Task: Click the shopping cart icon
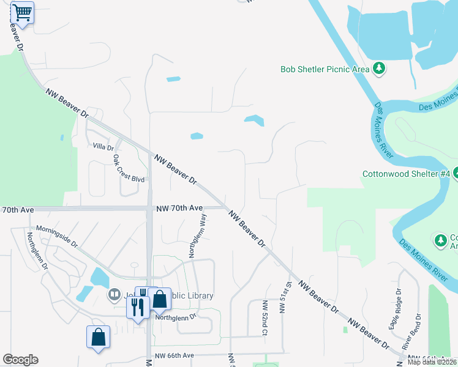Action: tap(22, 12)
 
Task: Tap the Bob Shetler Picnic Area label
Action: tap(325, 69)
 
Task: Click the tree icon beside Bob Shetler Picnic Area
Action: tap(380, 68)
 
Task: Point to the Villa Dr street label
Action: tap(103, 147)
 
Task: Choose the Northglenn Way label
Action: tap(197, 235)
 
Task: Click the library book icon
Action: tap(114, 295)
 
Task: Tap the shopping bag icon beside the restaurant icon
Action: tap(159, 299)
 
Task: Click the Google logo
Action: tap(20, 360)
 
